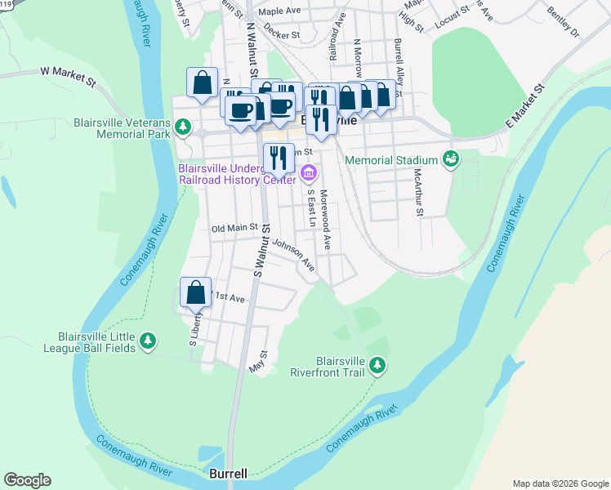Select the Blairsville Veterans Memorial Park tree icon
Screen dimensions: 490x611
tap(185, 127)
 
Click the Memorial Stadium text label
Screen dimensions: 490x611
tap(392, 160)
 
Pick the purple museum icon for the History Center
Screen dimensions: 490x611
tap(309, 172)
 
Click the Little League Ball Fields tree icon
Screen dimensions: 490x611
tap(148, 341)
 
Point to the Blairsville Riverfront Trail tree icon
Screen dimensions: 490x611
tap(376, 364)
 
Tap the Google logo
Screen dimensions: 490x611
tap(27, 480)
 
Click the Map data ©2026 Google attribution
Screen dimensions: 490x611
tap(560, 483)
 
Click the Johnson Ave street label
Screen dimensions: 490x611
tap(294, 254)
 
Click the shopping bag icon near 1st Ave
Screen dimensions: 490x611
tap(196, 292)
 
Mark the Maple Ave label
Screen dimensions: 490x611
tap(280, 12)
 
